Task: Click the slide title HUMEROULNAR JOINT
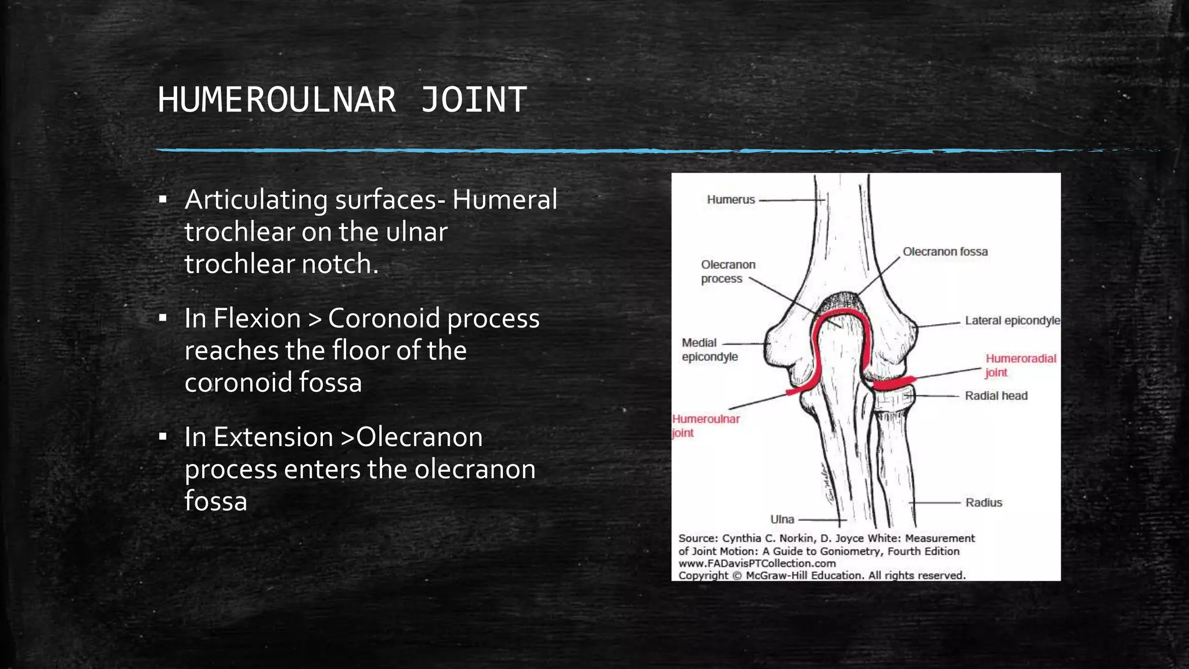(342, 100)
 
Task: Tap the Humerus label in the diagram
(730, 200)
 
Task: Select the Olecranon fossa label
(945, 251)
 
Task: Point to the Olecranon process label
(727, 272)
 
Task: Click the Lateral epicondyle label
(1012, 321)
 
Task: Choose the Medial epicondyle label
(709, 350)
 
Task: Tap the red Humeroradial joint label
(1020, 365)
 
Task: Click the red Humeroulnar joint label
(705, 426)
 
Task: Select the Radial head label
(996, 396)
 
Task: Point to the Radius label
(983, 503)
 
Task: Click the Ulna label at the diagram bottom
(781, 519)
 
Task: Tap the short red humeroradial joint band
(894, 383)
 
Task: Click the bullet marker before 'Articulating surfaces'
(163, 200)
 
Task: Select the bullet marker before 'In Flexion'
(163, 319)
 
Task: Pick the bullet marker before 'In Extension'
(163, 437)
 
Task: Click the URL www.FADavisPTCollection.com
(756, 563)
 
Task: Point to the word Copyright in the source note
(703, 576)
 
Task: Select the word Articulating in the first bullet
(256, 200)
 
